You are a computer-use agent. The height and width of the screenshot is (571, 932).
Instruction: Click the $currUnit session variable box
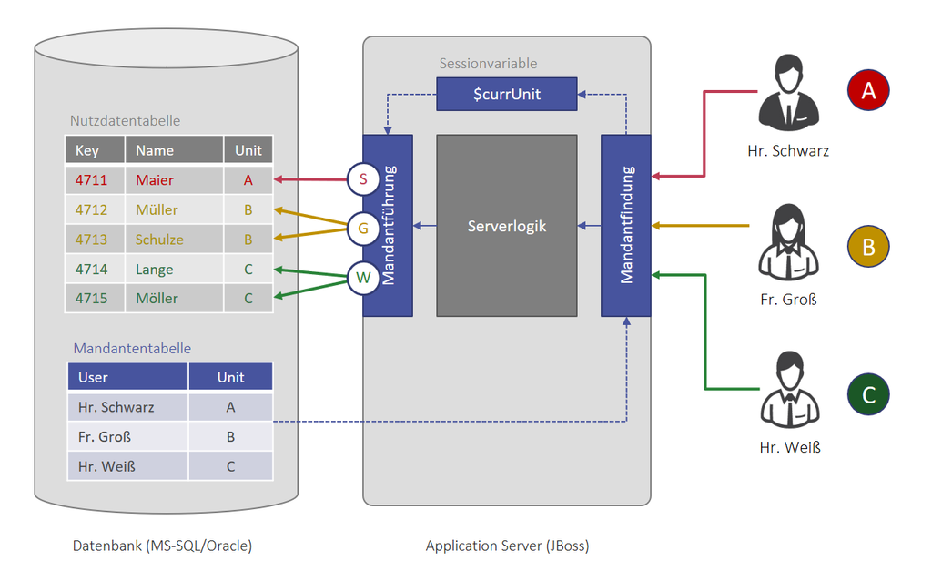pyautogui.click(x=507, y=95)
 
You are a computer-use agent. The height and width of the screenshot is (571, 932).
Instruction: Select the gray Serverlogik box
pyautogui.click(x=507, y=225)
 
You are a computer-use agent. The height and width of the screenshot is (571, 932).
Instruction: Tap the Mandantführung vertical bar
pyautogui.click(x=388, y=225)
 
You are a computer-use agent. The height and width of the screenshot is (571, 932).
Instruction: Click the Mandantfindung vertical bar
pyautogui.click(x=626, y=225)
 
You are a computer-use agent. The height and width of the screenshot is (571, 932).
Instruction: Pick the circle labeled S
pyautogui.click(x=363, y=179)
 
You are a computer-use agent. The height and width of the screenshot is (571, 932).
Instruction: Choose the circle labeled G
pyautogui.click(x=363, y=229)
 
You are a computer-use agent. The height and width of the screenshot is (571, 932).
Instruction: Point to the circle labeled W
pyautogui.click(x=363, y=278)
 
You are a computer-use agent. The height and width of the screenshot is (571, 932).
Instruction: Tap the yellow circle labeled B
pyautogui.click(x=868, y=247)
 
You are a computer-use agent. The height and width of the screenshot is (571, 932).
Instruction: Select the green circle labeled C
pyautogui.click(x=868, y=394)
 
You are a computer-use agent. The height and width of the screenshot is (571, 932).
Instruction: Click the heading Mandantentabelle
pyautogui.click(x=132, y=348)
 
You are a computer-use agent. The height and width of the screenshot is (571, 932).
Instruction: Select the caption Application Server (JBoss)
pyautogui.click(x=507, y=546)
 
